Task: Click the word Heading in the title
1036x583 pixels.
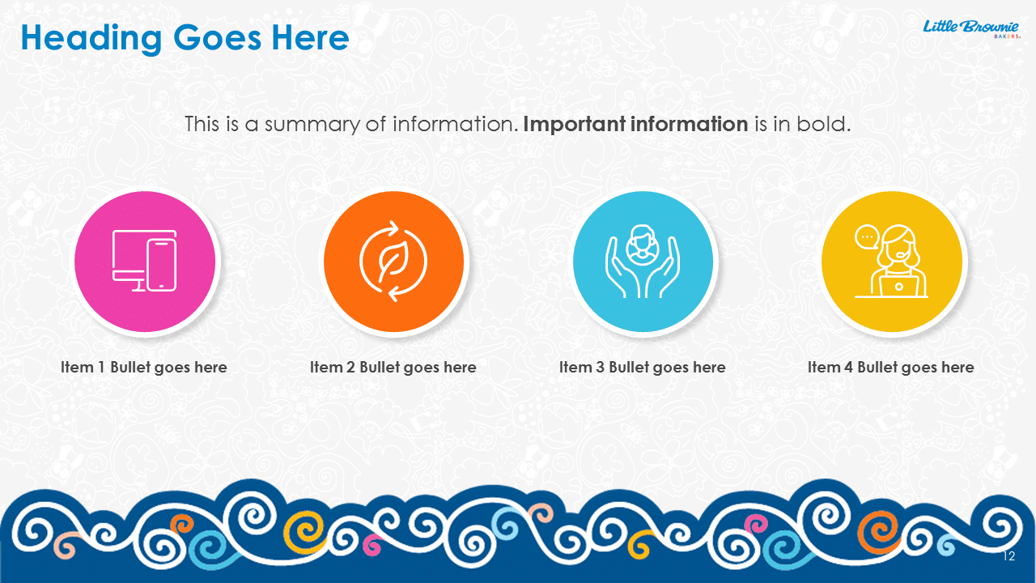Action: click(x=91, y=40)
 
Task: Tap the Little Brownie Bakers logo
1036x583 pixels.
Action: click(x=971, y=28)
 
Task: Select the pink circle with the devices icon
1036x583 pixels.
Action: click(x=145, y=262)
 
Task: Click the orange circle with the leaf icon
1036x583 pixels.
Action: click(x=393, y=262)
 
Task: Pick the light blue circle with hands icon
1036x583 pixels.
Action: click(x=643, y=262)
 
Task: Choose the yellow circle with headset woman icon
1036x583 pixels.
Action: click(x=892, y=262)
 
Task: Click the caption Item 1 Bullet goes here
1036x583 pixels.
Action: click(x=144, y=368)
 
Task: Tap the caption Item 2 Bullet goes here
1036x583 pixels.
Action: click(x=393, y=368)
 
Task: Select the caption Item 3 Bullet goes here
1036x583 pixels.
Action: click(x=643, y=368)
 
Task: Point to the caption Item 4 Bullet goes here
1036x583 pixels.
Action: click(x=891, y=368)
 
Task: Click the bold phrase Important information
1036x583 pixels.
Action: click(x=635, y=124)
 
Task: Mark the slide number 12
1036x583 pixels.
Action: click(x=1009, y=556)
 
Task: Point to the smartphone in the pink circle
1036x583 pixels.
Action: click(x=162, y=265)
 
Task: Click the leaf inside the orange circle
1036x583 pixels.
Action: click(x=393, y=262)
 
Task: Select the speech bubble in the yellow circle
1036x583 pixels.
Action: click(x=866, y=237)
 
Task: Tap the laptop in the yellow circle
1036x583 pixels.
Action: click(x=898, y=285)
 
